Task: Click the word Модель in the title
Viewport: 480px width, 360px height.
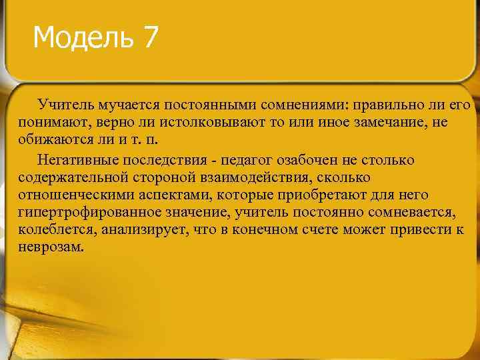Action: click(x=83, y=37)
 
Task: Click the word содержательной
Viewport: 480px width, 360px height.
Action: click(x=71, y=178)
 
